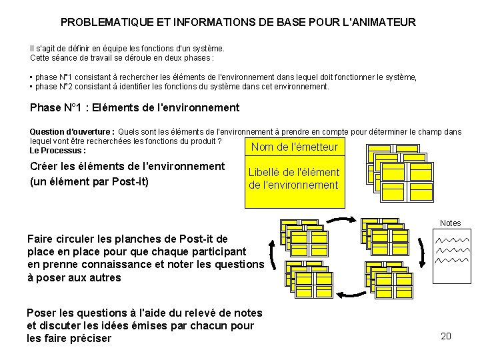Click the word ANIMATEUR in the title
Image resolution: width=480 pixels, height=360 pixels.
click(383, 22)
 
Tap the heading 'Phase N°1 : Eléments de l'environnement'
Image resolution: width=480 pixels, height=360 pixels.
click(135, 107)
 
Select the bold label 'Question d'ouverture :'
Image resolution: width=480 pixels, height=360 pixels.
click(72, 132)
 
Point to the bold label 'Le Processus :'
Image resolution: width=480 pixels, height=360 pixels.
click(59, 150)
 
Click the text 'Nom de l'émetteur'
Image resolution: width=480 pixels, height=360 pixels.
click(295, 147)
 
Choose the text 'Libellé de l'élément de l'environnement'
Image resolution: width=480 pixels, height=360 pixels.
click(294, 178)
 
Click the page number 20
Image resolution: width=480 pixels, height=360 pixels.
click(446, 336)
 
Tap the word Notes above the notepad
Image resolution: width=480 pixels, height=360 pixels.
click(451, 223)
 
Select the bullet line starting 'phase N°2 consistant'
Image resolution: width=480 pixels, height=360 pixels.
click(181, 87)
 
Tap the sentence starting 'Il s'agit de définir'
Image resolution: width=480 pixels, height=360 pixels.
click(127, 48)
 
